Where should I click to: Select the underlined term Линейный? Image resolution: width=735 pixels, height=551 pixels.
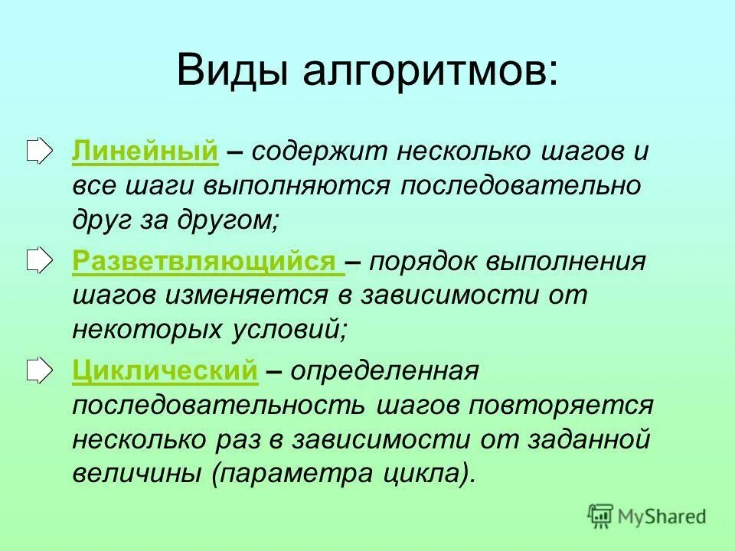click(x=145, y=152)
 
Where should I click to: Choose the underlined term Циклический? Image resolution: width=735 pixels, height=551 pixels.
click(x=165, y=372)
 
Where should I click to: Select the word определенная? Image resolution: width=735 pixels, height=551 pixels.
click(x=383, y=372)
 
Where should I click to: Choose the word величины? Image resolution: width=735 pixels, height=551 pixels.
click(x=138, y=475)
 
